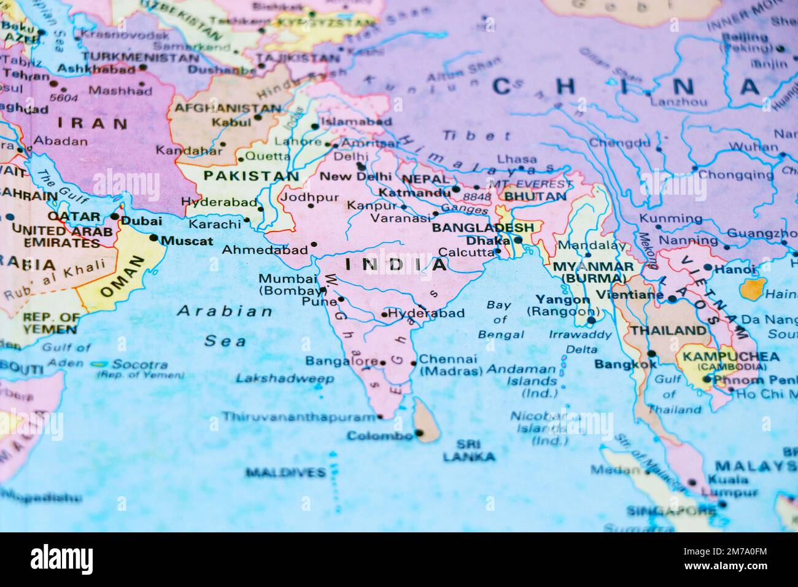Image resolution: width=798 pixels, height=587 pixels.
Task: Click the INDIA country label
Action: tap(396, 265)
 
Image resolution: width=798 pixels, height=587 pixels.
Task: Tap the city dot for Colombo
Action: tap(420, 433)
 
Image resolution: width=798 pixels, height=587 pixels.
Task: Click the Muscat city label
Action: tap(187, 241)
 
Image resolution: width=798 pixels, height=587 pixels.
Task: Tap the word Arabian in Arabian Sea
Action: tap(225, 311)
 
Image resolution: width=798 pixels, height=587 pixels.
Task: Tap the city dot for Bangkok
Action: tap(651, 354)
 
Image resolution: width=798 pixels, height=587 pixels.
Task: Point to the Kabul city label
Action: tap(231, 122)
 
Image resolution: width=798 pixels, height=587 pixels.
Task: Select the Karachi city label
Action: tap(214, 224)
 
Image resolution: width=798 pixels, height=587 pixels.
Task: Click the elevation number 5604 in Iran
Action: tap(64, 97)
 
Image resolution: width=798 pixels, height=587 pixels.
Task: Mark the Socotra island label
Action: tap(142, 364)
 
